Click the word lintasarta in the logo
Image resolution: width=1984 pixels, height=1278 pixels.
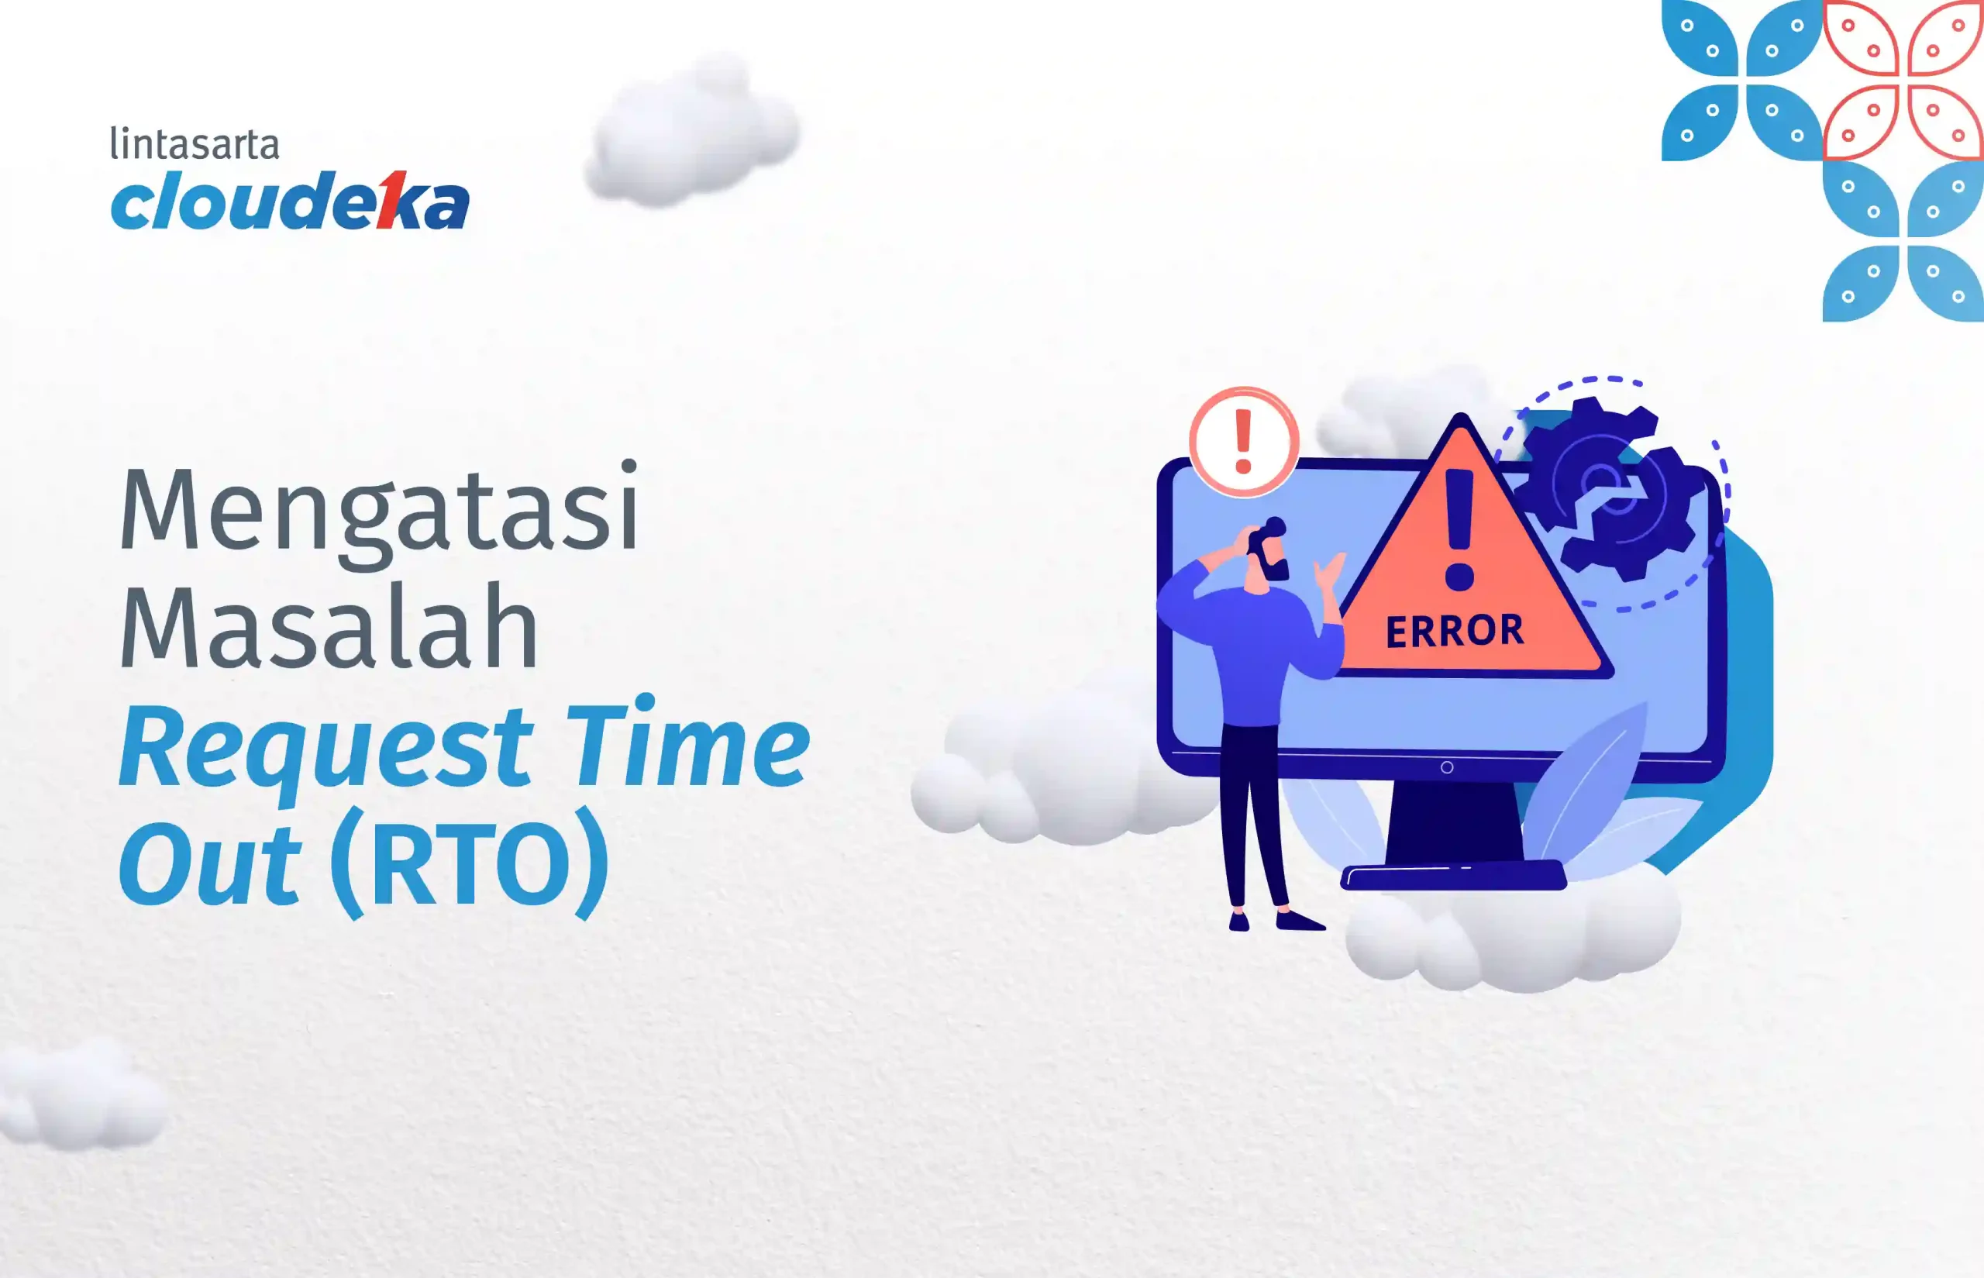195,143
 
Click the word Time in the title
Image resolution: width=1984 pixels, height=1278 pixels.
688,741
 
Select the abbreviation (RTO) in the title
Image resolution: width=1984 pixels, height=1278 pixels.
470,863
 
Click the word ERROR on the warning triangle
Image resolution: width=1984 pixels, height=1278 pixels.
1455,632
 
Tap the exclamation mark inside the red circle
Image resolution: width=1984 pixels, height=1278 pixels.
1243,442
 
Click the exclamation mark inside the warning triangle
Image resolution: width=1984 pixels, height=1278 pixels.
1459,529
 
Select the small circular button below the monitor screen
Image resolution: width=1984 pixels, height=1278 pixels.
1447,767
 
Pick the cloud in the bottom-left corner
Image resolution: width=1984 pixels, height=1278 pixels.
79,1094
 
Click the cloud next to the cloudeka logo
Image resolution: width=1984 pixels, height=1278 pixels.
691,131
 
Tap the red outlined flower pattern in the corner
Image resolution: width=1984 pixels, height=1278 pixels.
1903,81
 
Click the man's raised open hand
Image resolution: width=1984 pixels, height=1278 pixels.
1328,572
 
